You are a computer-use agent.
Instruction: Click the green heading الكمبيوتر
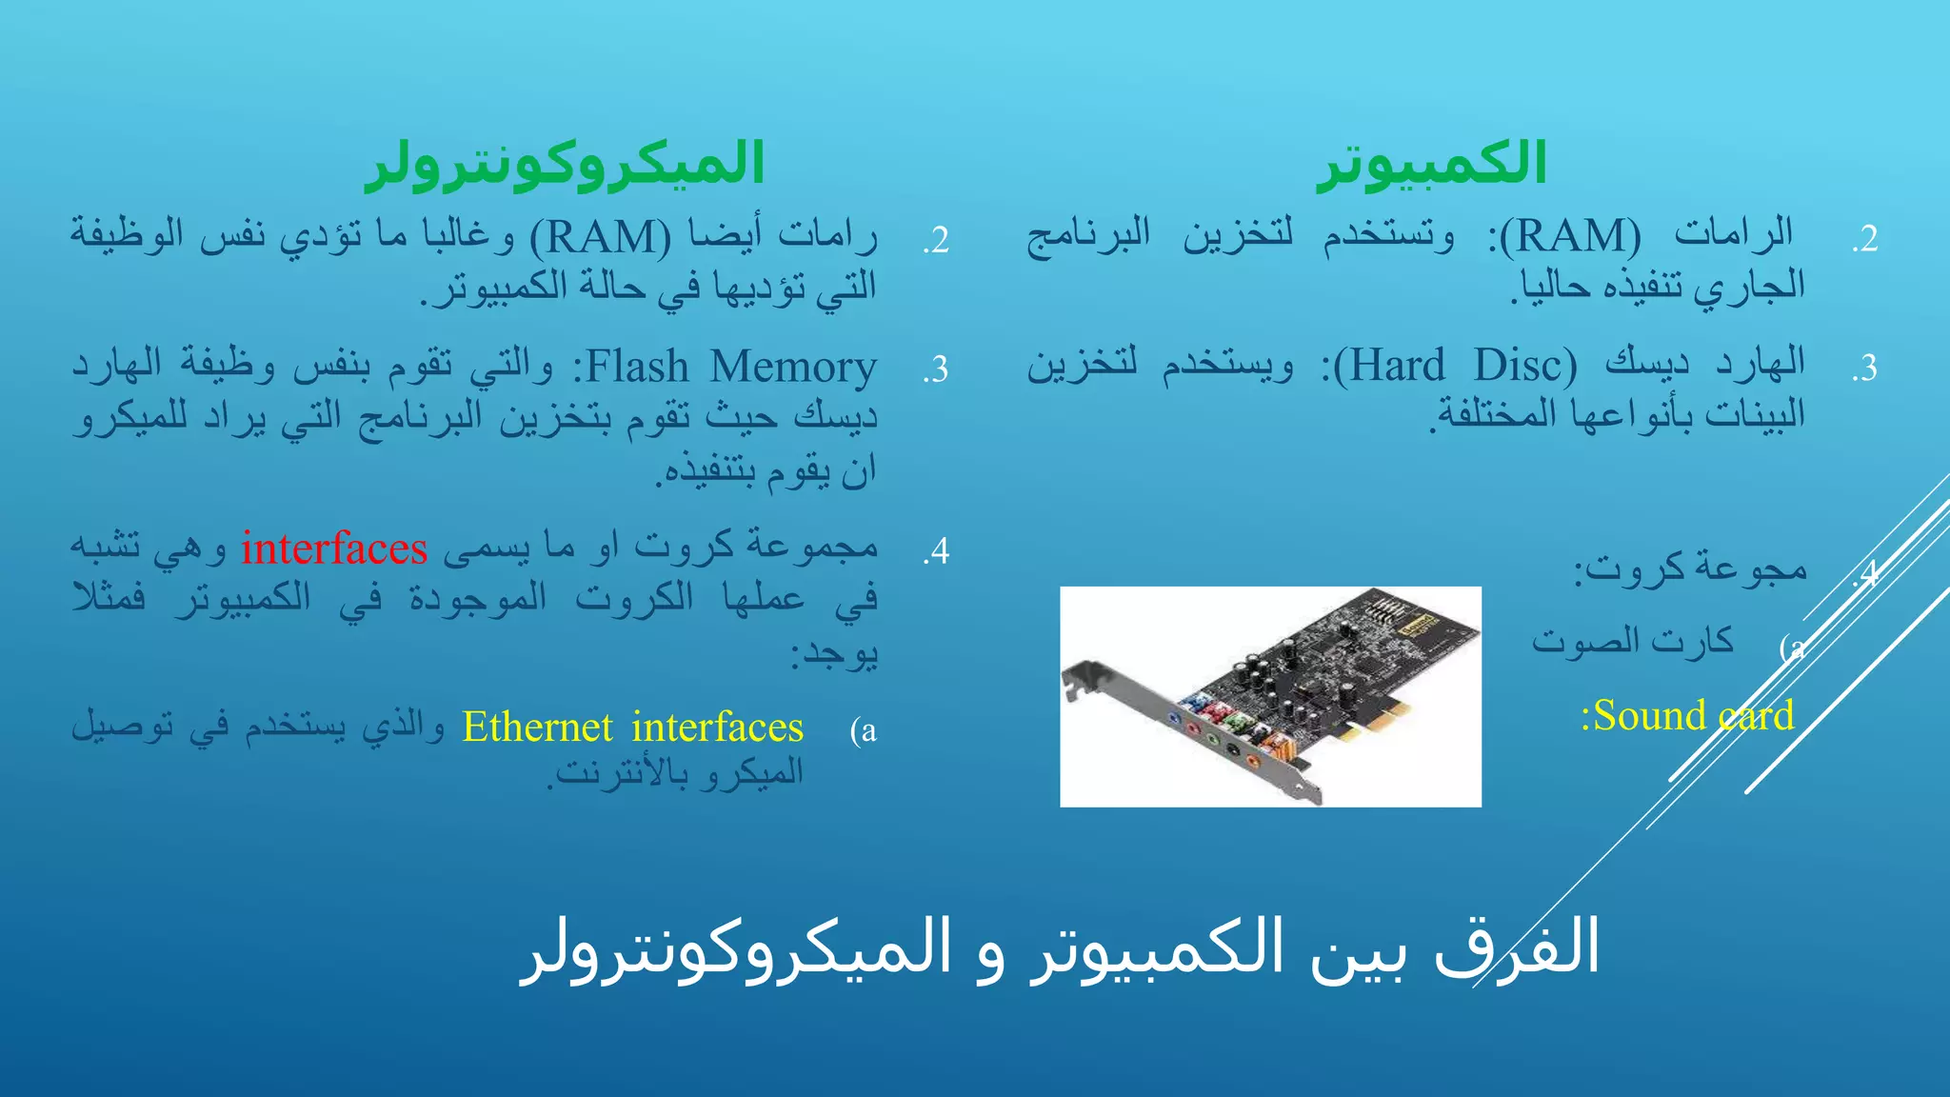pos(1431,164)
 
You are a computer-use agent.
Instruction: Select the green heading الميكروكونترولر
pos(566,164)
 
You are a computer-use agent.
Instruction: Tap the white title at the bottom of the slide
pos(1059,948)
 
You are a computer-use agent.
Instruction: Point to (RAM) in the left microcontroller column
pos(601,236)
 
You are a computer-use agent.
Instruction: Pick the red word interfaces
pos(334,548)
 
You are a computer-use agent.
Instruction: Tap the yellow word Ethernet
pos(537,728)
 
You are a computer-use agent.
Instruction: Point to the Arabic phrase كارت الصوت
pos(1632,641)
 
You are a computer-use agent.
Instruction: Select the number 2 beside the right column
pos(1864,239)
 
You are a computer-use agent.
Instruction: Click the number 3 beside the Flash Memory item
pos(936,369)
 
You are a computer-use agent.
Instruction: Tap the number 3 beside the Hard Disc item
pos(1864,368)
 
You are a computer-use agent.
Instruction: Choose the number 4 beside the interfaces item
pos(936,551)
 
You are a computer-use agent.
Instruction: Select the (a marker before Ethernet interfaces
pos(864,730)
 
